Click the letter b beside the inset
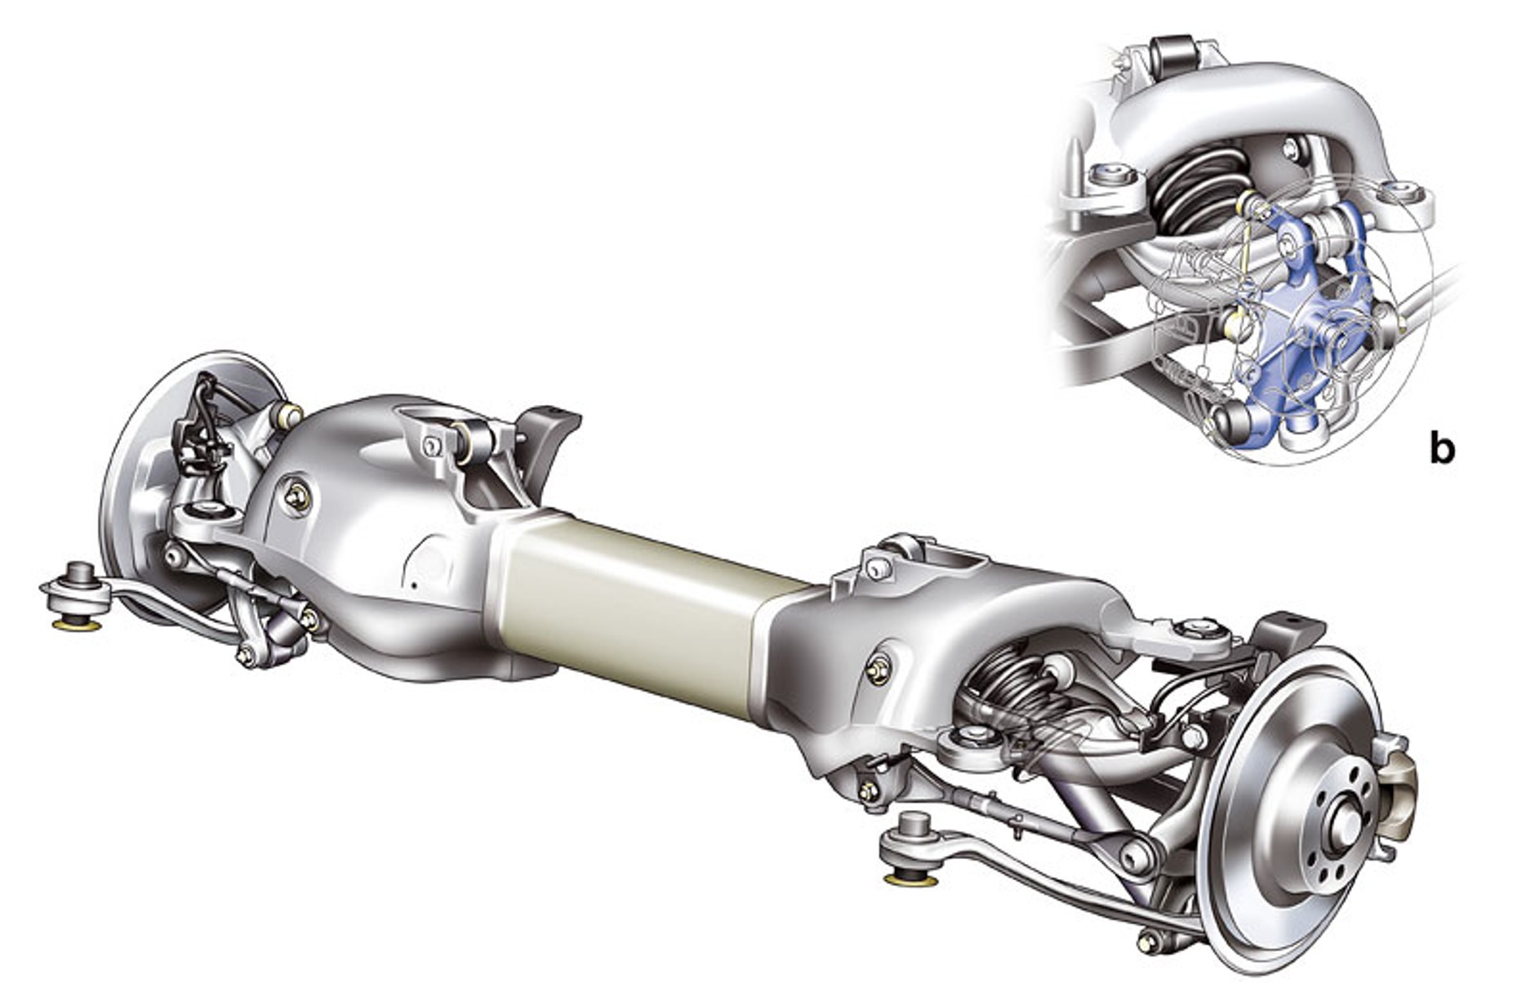pos(1442,448)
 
